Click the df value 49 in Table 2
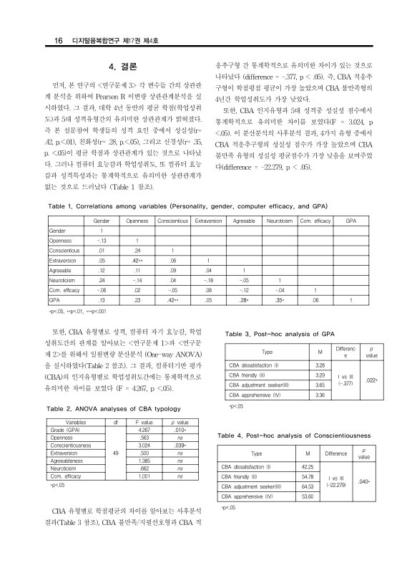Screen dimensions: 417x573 point(116,453)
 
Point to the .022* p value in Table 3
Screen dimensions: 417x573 point(371,380)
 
